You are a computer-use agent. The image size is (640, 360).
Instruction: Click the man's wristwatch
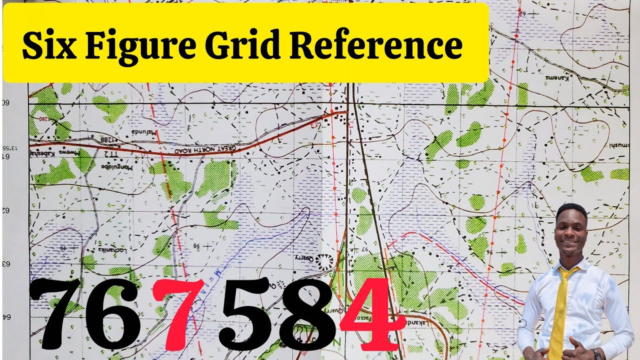pyautogui.click(x=595, y=353)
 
